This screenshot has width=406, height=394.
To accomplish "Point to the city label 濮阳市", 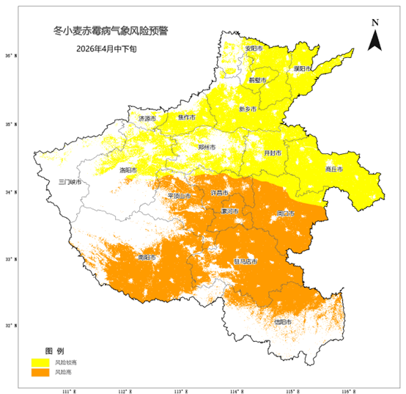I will (x=303, y=68).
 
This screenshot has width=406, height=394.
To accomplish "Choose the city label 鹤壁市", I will (x=257, y=79).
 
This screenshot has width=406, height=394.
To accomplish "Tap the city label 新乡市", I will (x=248, y=109).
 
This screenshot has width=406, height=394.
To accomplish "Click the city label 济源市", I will (x=147, y=118).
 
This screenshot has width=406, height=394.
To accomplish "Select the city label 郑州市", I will (x=207, y=147).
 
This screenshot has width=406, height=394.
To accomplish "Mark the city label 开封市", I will (x=272, y=153).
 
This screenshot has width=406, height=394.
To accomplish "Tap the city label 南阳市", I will (x=147, y=258).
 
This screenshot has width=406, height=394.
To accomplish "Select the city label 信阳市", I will (x=282, y=321).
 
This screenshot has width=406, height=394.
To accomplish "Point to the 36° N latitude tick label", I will (x=9, y=56).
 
